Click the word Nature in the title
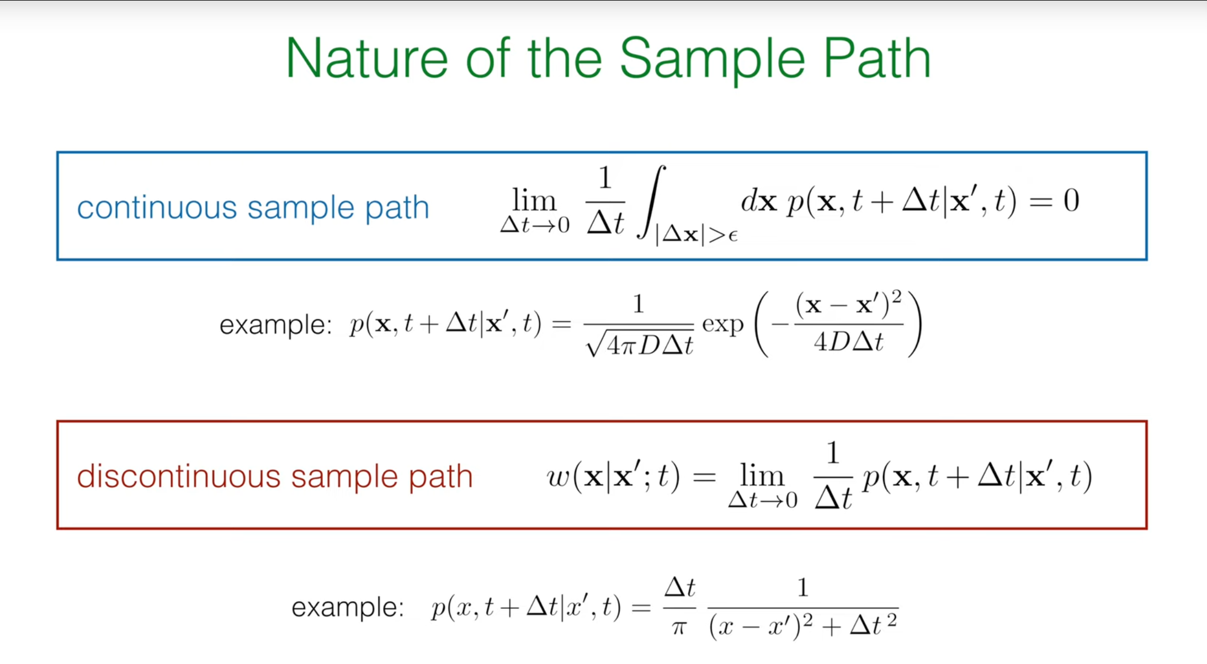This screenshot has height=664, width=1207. click(366, 59)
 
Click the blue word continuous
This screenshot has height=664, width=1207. click(157, 208)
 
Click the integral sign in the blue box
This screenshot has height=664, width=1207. click(651, 202)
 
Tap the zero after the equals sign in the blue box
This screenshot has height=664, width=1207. click(1071, 200)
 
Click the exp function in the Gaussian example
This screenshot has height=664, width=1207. click(722, 325)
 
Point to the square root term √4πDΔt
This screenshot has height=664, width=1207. click(640, 344)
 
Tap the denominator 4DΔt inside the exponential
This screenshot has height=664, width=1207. click(848, 342)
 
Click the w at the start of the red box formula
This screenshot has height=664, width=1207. click(559, 477)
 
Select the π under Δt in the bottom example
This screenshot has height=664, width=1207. click(679, 628)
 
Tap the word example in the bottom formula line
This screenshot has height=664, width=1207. click(347, 608)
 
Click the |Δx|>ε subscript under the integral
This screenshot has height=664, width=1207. click(696, 236)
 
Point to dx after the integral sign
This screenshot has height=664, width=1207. click(759, 201)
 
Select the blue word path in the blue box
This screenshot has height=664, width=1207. click(397, 209)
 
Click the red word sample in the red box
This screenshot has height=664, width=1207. click(344, 477)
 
